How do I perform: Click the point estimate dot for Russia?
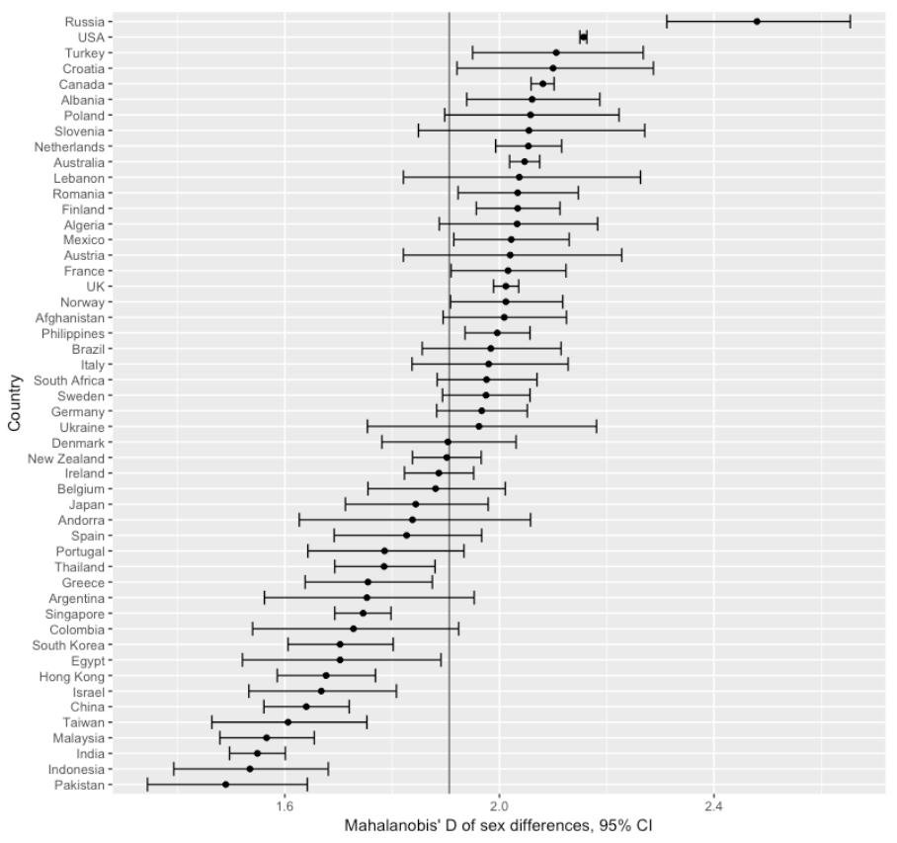tap(757, 21)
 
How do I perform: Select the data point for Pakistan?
tap(225, 785)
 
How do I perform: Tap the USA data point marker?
tap(583, 37)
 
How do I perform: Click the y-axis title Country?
tap(14, 401)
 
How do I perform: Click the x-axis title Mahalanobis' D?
tap(498, 825)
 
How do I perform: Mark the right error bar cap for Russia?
tap(850, 21)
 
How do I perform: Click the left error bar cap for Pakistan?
tap(147, 785)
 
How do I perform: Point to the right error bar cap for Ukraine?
tap(597, 427)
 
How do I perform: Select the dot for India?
tap(257, 753)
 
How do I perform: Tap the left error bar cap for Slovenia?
tap(419, 130)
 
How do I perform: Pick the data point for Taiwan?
tap(287, 722)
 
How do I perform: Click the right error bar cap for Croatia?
tap(653, 68)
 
